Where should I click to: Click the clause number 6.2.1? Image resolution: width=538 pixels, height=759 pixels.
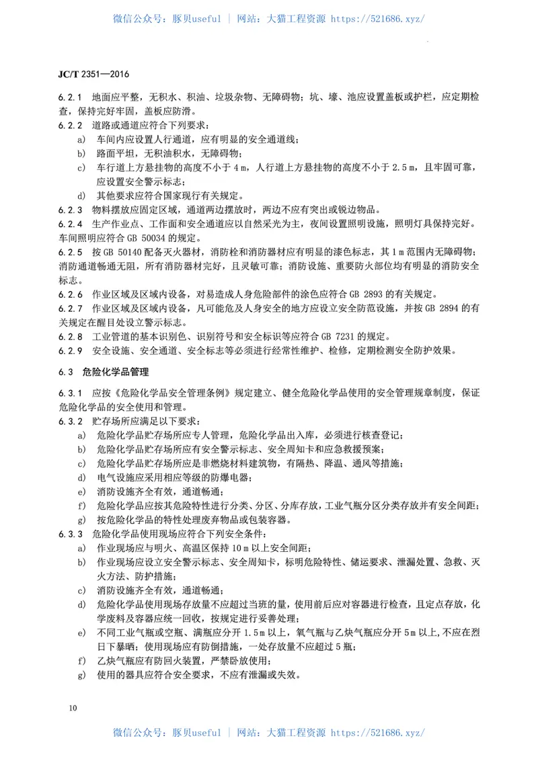70,97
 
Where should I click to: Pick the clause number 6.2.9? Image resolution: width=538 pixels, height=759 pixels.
70,350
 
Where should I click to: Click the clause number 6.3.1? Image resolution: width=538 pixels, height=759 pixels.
70,392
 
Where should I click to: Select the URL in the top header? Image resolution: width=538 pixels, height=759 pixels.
377,19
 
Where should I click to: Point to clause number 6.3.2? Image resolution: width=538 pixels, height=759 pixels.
70,420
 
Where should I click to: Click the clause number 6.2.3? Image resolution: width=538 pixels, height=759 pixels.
70,209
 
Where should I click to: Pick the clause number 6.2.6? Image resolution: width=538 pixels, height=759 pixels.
70,294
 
